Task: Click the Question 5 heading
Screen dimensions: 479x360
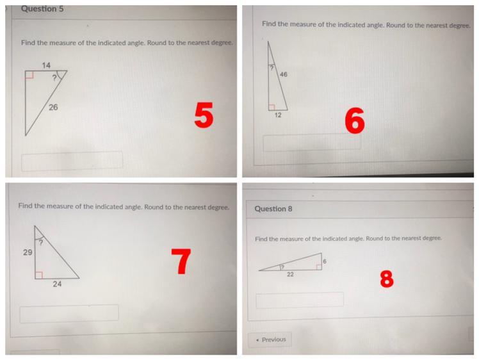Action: [42, 9]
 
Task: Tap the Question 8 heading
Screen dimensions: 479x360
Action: [273, 209]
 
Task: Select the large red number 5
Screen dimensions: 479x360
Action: [204, 115]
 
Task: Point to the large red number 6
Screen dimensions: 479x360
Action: [355, 120]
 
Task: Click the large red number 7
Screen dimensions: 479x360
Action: [181, 261]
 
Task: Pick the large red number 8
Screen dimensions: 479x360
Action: [387, 279]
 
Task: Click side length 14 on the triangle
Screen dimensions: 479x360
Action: [46, 65]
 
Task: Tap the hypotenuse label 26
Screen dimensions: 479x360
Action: [53, 107]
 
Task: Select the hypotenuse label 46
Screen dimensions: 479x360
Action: [284, 74]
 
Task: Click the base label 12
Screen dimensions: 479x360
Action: [278, 115]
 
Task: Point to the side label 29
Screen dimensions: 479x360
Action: [28, 252]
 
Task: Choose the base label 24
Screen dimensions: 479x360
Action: [57, 284]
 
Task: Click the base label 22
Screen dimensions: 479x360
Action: [290, 274]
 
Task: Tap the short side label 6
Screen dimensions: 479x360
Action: [325, 261]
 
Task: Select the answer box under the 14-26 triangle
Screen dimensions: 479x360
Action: [72, 161]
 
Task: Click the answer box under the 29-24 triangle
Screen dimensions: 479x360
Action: [69, 313]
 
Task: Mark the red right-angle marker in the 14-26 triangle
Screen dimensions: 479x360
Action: [29, 74]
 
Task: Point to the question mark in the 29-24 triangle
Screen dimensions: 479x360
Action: [40, 243]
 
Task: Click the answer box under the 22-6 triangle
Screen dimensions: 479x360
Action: [300, 300]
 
